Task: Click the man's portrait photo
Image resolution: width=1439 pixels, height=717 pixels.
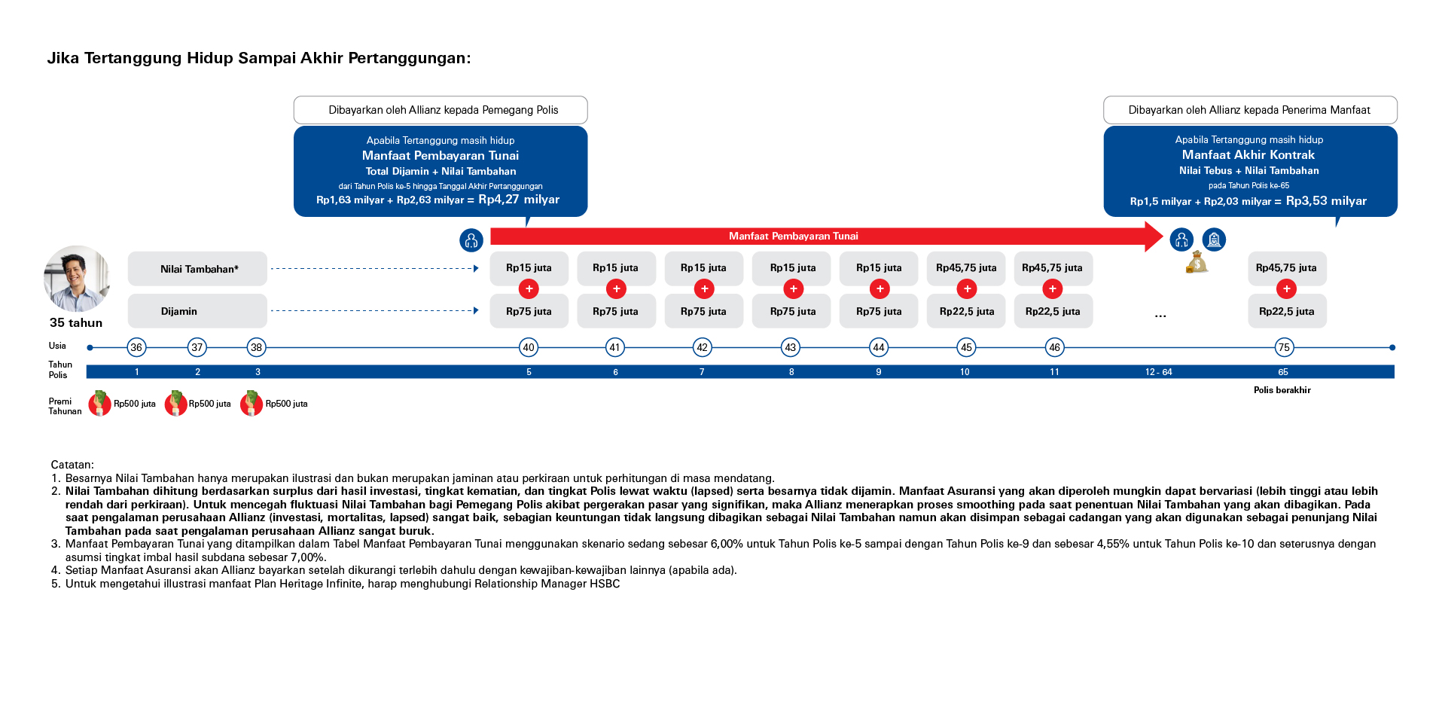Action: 76,279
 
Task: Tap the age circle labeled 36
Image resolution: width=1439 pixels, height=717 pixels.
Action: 136,347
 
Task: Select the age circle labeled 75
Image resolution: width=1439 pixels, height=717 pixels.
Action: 1284,347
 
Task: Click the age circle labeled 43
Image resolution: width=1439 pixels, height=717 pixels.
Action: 790,347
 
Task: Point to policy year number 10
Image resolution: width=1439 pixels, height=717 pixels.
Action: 965,372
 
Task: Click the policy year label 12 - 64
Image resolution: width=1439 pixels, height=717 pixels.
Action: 1158,372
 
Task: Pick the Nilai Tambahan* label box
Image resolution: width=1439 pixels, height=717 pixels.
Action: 197,269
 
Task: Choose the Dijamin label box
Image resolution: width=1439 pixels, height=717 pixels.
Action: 197,311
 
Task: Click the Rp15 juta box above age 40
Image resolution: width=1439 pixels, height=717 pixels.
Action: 529,267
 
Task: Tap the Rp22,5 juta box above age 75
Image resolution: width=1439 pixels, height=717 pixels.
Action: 1286,311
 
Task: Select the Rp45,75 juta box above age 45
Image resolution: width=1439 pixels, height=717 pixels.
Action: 966,267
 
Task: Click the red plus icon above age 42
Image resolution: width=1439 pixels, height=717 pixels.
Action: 704,288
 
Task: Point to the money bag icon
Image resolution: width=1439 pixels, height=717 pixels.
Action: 1197,262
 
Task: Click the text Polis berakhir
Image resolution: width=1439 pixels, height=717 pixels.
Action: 1282,390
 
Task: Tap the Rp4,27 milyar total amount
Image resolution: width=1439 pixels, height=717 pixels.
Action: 519,200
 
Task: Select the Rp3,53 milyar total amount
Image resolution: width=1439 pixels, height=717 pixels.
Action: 1326,201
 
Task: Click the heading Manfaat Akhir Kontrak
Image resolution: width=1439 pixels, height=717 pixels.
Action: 1248,154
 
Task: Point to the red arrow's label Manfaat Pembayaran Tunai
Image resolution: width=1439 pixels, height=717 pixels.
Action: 793,236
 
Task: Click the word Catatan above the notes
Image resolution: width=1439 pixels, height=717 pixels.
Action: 72,465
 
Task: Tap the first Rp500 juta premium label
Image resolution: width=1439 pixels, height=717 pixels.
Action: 134,404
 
